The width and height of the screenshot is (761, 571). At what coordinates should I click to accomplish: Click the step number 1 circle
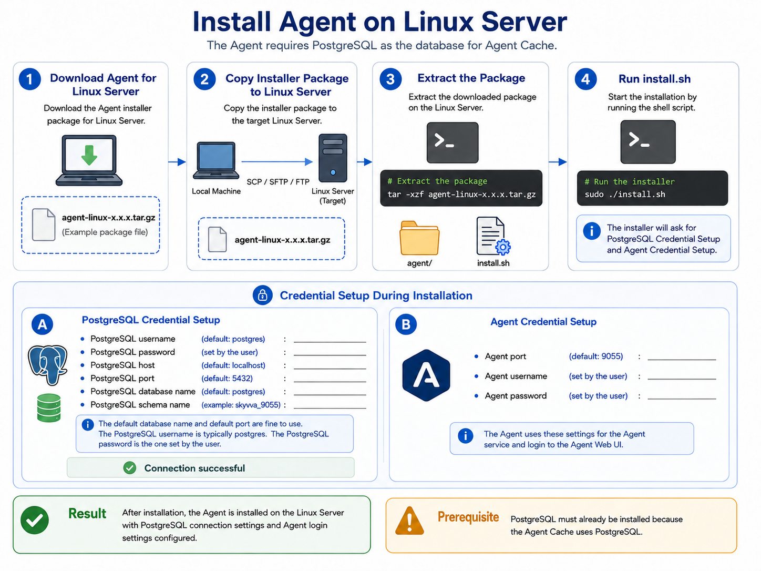[x=30, y=79]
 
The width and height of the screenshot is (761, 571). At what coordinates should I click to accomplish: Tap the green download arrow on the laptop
[x=89, y=155]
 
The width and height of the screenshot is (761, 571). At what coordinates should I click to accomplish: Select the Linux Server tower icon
[x=333, y=158]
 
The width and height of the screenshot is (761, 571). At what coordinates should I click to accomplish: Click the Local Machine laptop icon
[x=216, y=160]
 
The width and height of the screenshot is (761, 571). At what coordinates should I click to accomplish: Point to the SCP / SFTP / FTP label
[x=278, y=182]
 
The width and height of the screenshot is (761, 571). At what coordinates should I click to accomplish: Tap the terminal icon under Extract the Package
[x=453, y=142]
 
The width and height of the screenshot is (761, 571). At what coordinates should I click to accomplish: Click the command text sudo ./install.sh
[x=625, y=195]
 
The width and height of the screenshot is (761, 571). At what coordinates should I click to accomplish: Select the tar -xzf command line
[x=461, y=195]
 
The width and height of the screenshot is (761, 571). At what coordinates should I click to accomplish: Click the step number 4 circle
[x=585, y=79]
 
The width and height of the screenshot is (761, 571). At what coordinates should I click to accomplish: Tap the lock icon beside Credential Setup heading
[x=262, y=295]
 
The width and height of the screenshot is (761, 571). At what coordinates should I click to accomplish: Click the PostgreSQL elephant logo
[x=48, y=365]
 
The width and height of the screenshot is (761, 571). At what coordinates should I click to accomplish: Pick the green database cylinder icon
[x=49, y=407]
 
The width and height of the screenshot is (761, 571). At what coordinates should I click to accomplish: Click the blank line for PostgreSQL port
[x=330, y=381]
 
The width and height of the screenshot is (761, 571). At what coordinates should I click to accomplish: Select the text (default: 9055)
[x=595, y=356]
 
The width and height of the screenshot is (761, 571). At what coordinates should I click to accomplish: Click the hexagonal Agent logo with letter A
[x=426, y=375]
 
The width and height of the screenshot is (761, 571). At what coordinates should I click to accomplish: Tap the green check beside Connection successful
[x=130, y=468]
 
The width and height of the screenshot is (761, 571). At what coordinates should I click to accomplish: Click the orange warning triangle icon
[x=409, y=521]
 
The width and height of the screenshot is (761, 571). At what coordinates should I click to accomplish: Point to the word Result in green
[x=87, y=514]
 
